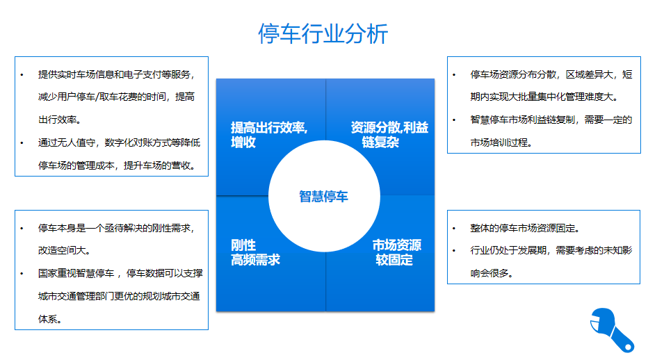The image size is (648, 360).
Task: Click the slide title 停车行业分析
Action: [323, 33]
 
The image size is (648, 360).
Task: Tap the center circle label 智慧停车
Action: [324, 196]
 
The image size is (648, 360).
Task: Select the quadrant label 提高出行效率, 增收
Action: [269, 135]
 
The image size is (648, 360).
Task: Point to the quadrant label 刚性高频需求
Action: [255, 252]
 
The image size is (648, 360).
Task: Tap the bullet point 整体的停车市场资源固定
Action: [525, 228]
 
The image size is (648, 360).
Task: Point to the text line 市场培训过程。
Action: [501, 142]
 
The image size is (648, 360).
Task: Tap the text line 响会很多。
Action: [492, 273]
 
